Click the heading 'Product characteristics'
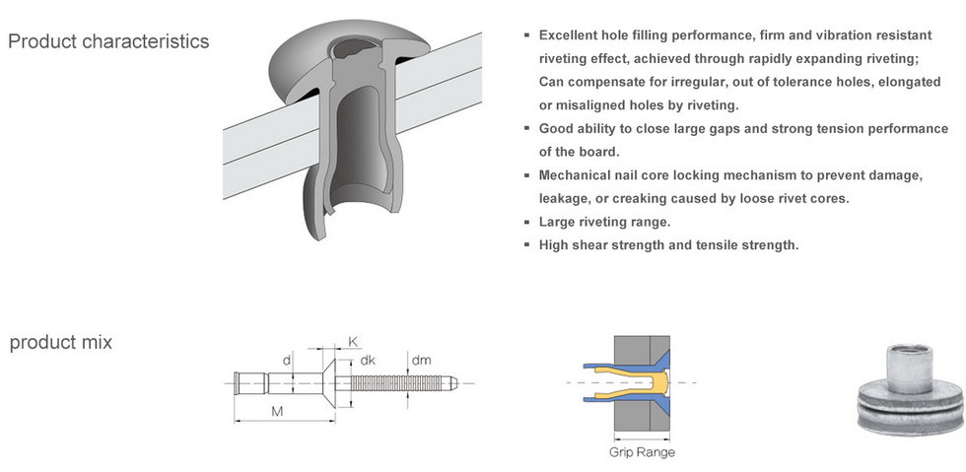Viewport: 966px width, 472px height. click(108, 41)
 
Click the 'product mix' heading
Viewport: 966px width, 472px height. click(61, 343)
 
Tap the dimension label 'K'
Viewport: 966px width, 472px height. click(353, 341)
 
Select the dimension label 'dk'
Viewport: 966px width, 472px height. click(368, 361)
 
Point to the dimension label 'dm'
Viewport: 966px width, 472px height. click(422, 361)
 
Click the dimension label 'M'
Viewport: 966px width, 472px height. click(277, 412)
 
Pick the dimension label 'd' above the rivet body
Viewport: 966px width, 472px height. click(287, 360)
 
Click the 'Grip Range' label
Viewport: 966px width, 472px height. click(642, 452)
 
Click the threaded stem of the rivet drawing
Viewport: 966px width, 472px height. click(396, 383)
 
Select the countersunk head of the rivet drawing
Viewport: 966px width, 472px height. click(329, 383)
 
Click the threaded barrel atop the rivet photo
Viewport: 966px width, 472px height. click(909, 369)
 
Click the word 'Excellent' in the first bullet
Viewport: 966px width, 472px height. click(569, 35)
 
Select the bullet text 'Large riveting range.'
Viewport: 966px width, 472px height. click(604, 222)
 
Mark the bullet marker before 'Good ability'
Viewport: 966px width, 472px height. click(526, 128)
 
